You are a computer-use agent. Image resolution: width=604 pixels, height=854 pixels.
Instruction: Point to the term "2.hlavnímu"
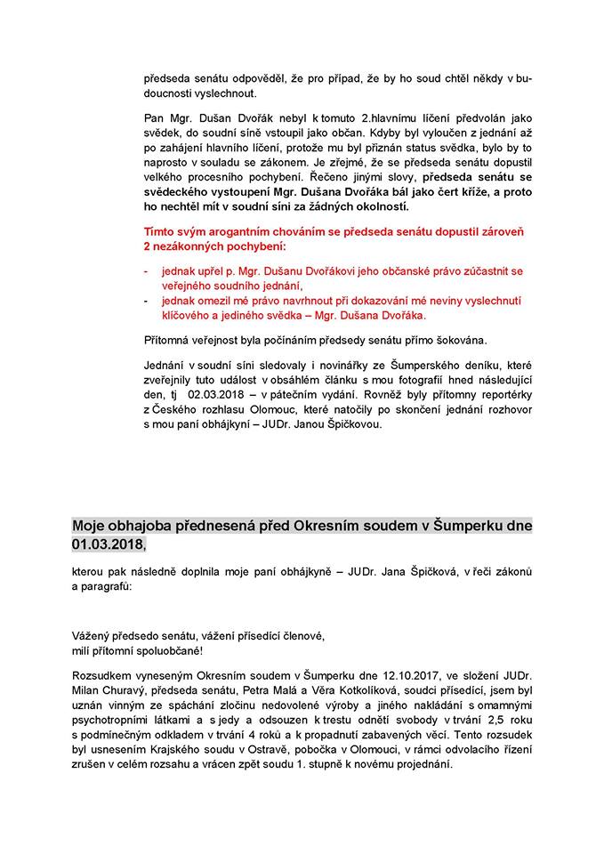(366, 118)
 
